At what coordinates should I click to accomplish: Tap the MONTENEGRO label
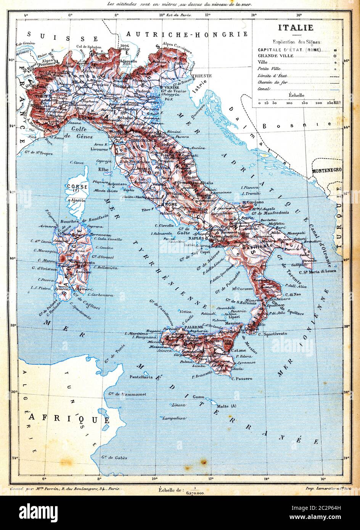326,170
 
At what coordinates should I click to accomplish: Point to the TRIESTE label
202,75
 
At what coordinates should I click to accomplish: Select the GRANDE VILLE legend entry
276,56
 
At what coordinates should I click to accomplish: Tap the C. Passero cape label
242,378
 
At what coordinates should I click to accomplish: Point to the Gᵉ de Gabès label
114,457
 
